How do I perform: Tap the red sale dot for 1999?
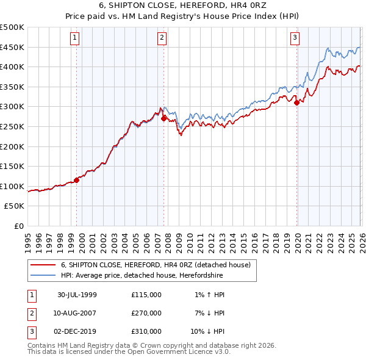[77, 180]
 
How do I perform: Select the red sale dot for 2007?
[163, 118]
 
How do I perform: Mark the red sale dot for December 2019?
[297, 103]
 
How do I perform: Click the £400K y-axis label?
[12, 67]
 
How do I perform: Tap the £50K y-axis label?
[15, 206]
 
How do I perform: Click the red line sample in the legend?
[42, 265]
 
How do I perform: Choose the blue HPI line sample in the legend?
[42, 276]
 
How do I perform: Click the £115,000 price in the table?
[146, 295]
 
